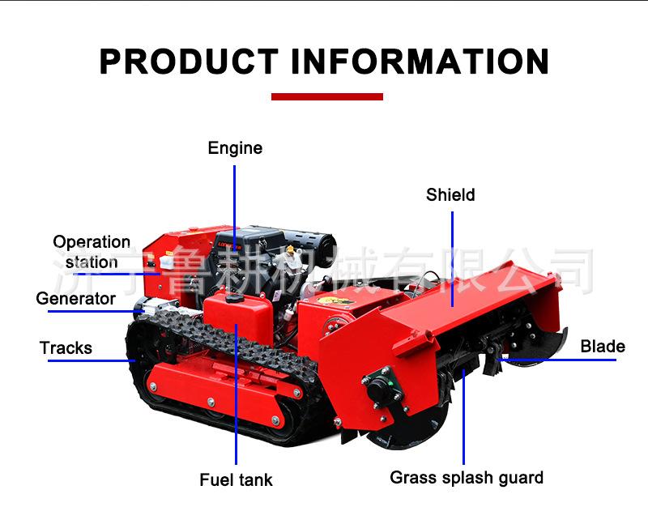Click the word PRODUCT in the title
188,62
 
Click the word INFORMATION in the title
420,62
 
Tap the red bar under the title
326,96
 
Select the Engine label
235,148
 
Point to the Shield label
450,195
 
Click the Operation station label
92,252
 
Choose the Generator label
76,299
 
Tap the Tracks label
66,348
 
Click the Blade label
603,347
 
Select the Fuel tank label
236,479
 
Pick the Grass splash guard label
467,477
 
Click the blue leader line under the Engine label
235,202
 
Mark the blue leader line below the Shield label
451,251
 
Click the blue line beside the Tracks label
89,360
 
